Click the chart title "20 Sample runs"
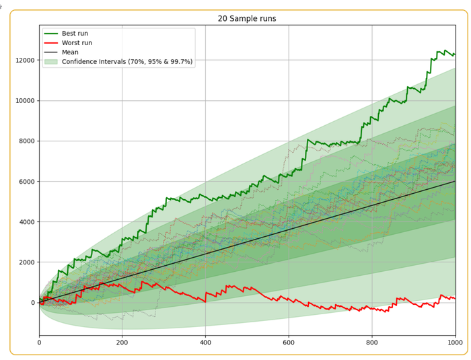(247, 19)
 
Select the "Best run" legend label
(75, 33)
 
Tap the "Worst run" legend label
(77, 42)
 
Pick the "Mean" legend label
(70, 52)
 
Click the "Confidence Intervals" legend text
(127, 61)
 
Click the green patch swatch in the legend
(50, 61)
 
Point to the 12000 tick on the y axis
(24, 61)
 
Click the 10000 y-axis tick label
(24, 101)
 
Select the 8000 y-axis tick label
(26, 141)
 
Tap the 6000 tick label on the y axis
(26, 182)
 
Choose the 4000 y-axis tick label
(26, 222)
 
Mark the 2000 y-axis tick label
(26, 262)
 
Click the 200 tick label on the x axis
(122, 343)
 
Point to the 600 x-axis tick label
(289, 343)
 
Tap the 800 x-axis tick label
(372, 343)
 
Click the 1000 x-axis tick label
(454, 343)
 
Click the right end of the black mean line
(455, 181)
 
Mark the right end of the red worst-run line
(455, 298)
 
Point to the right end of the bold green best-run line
(455, 54)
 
